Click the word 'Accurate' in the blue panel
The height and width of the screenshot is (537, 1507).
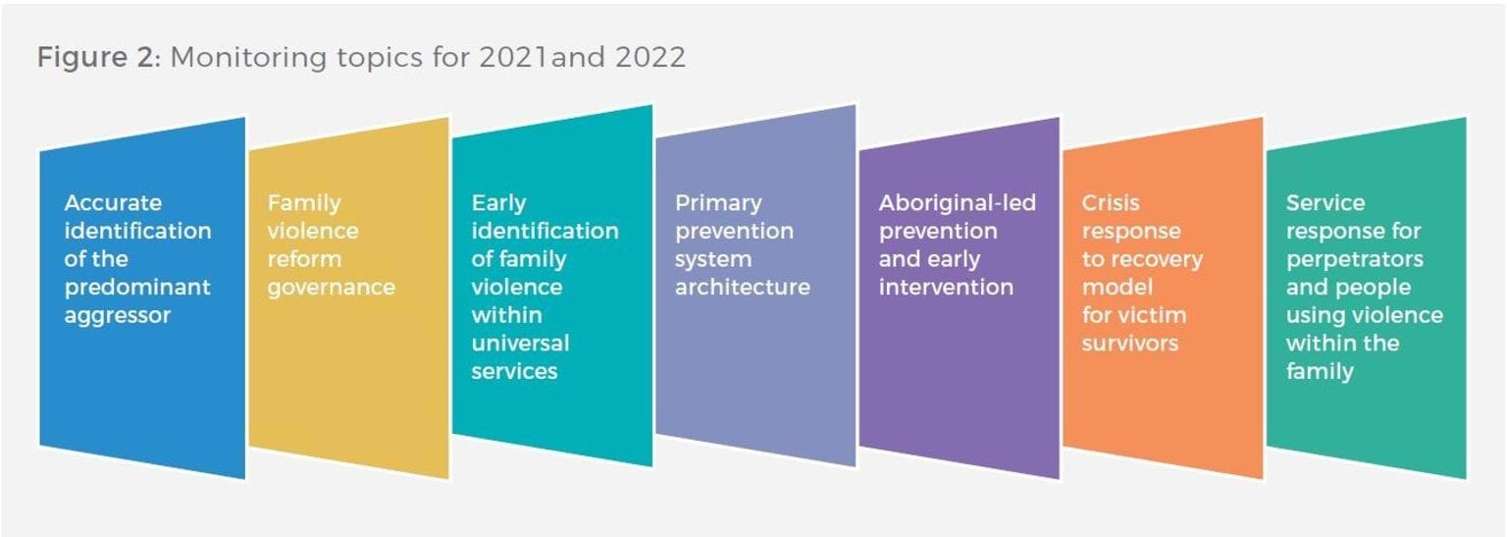coord(113,203)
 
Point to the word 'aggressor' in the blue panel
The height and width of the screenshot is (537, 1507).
coord(118,316)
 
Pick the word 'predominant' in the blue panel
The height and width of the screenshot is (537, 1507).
coord(137,288)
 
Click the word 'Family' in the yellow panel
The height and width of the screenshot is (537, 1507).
coord(304,203)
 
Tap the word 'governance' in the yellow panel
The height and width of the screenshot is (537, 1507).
coord(332,288)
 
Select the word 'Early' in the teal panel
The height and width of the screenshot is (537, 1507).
coord(498,203)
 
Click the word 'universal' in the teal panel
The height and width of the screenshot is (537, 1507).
coord(520,345)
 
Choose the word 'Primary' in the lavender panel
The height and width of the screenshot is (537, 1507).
coord(718,203)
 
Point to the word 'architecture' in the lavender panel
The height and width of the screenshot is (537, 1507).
coord(743,288)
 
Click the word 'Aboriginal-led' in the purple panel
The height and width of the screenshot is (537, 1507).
coord(957,203)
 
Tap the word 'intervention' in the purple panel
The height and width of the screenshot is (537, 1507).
coord(946,288)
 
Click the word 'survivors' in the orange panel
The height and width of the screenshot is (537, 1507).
coord(1130,345)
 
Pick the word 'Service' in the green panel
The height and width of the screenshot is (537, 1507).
coord(1325,203)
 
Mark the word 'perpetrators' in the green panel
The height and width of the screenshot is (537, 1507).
coord(1354,260)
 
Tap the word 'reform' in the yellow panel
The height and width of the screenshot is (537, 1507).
coord(304,260)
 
